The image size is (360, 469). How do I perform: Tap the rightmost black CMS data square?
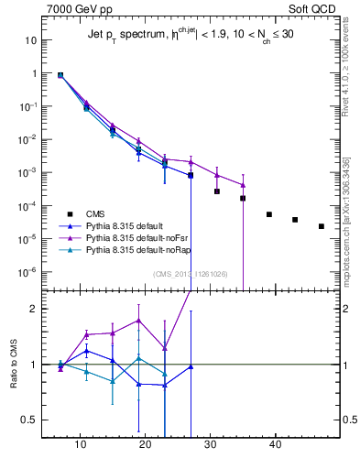pos(321,226)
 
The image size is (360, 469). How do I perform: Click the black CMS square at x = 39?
pos(269,214)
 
